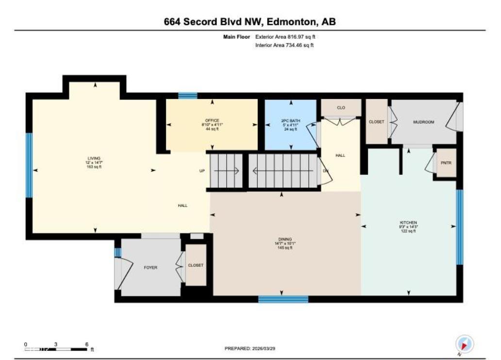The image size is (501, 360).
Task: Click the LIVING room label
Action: coord(94,158)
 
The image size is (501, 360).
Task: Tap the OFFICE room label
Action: coord(212,120)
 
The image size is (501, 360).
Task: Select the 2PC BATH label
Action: coord(290,120)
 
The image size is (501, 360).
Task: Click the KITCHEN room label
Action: coord(408,223)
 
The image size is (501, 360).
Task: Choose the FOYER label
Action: coord(150,268)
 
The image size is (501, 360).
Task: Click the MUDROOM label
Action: coord(423,122)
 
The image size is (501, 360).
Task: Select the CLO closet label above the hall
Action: coord(341,107)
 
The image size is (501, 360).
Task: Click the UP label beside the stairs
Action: coord(202,171)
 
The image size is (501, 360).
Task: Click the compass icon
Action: coord(464,344)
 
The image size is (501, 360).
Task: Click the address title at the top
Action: coord(250,22)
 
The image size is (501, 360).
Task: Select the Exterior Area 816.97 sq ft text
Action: coord(288,36)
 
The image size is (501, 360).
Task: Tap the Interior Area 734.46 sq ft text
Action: coord(284,45)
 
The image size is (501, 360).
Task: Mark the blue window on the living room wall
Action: coord(29,165)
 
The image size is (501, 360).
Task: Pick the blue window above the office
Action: coord(187,96)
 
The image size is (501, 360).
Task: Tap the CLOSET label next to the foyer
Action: coord(196,265)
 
